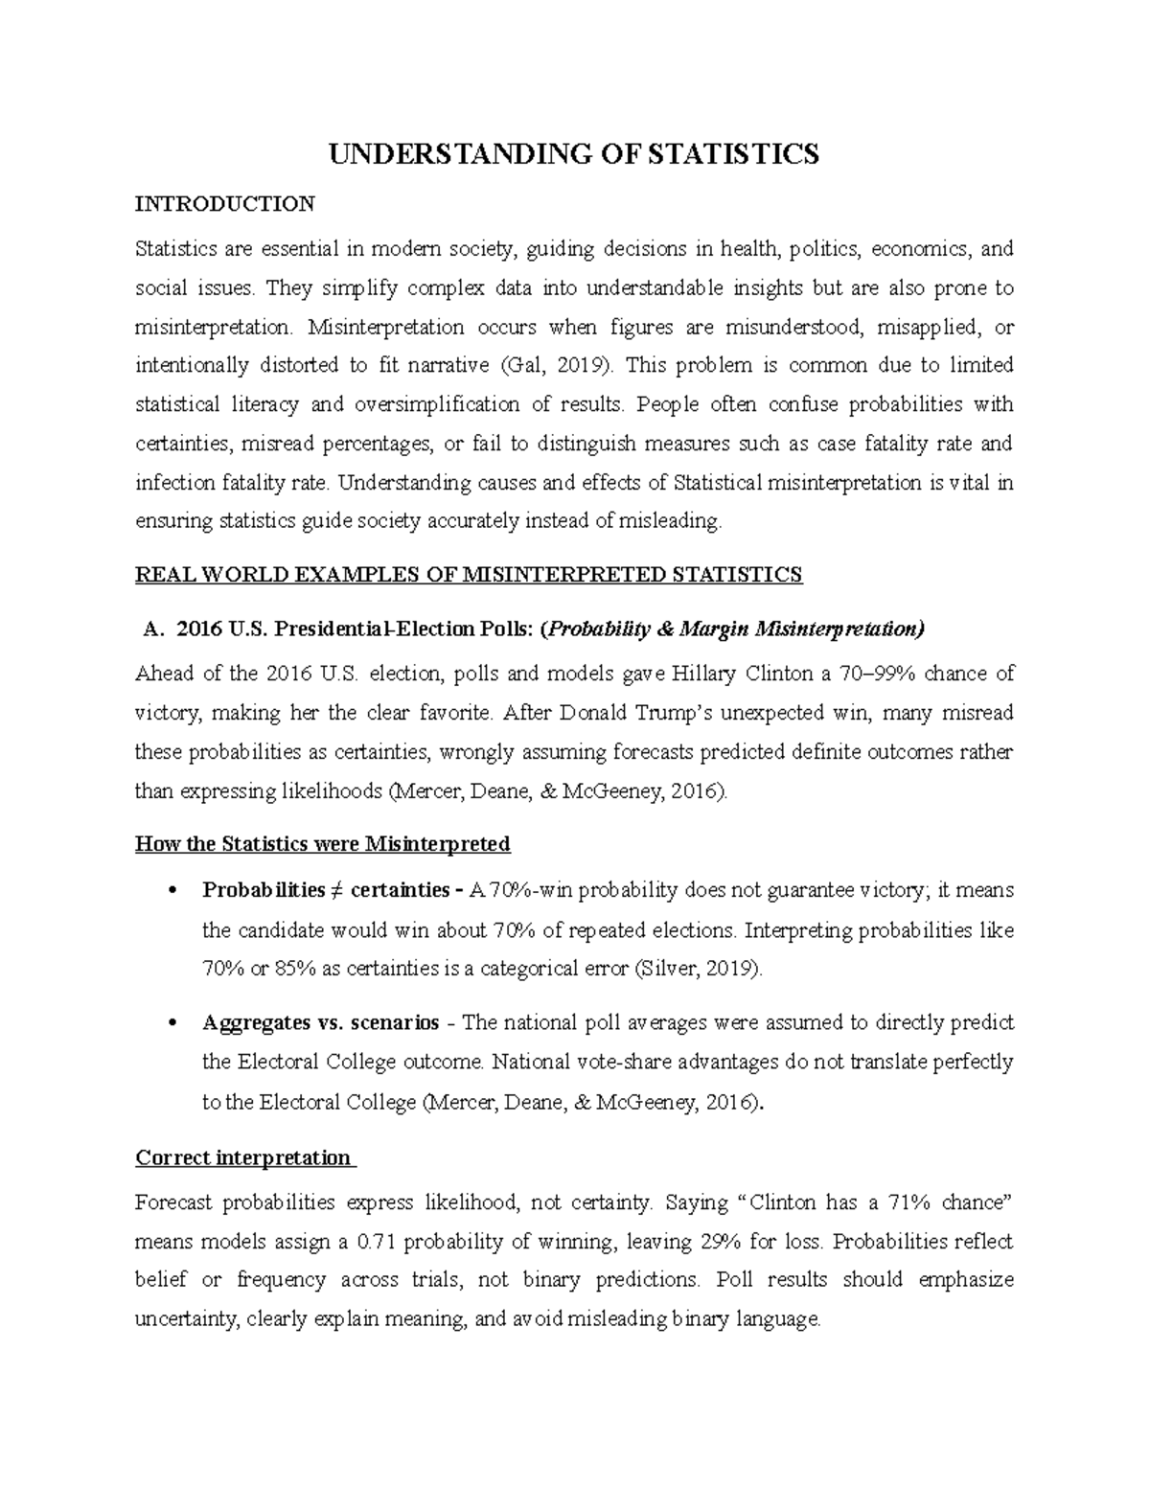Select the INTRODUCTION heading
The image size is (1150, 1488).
click(224, 204)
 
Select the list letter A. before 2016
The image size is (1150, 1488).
click(152, 630)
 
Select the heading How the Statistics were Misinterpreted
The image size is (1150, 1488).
click(323, 844)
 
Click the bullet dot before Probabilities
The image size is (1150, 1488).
click(172, 891)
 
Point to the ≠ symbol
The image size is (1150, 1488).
click(337, 891)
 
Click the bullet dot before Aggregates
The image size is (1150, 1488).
click(172, 1023)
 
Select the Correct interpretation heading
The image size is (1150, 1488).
click(243, 1157)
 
